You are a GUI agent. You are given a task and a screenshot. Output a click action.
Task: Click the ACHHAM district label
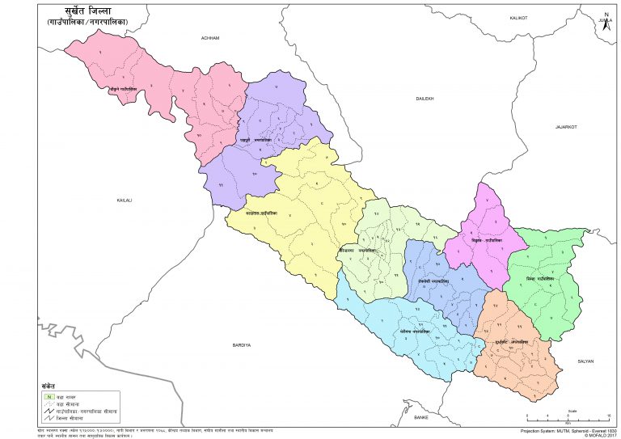tap(212, 39)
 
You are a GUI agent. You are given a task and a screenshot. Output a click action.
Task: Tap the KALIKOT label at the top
tap(517, 17)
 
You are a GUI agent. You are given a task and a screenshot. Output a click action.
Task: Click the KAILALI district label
tap(124, 199)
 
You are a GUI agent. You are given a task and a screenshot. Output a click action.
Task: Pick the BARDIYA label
tap(241, 344)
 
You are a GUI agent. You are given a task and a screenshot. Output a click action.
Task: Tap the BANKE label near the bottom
tap(420, 416)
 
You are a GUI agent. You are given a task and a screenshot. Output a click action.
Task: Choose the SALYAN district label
tap(585, 361)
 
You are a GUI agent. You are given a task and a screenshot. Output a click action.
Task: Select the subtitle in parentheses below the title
tap(95, 32)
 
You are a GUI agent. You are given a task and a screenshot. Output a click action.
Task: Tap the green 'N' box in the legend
tap(48, 396)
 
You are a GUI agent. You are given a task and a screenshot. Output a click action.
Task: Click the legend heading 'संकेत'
tap(49, 386)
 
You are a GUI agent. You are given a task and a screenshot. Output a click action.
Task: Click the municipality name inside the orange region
tap(514, 341)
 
